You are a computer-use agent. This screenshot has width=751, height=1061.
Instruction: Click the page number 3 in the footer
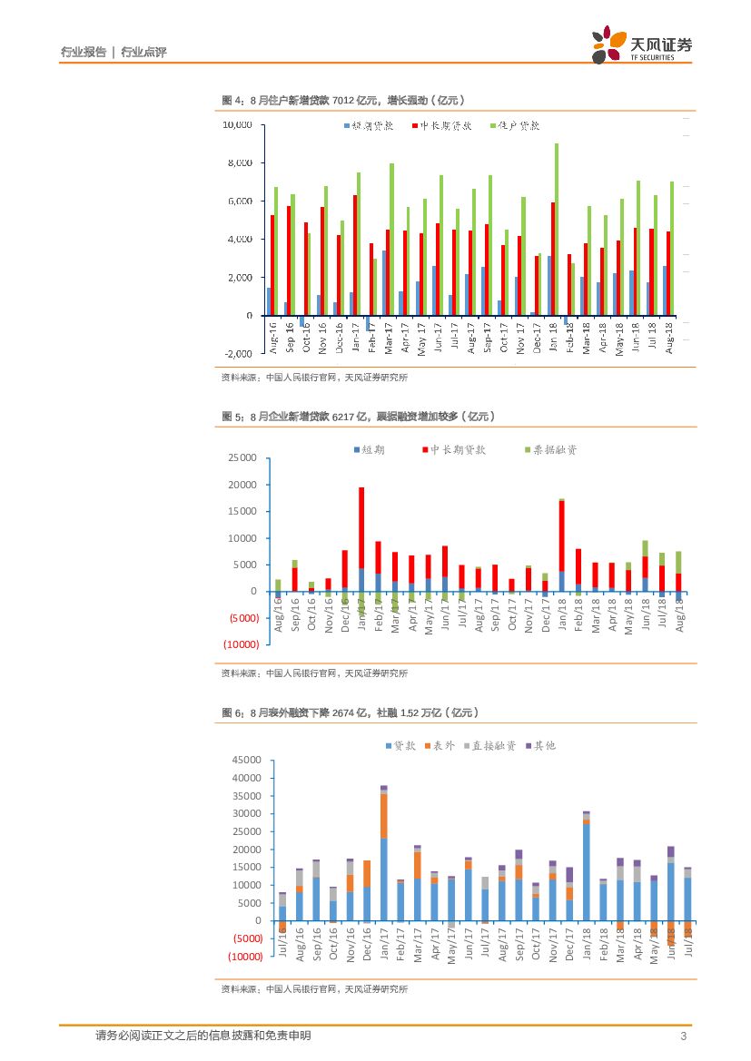(x=682, y=1036)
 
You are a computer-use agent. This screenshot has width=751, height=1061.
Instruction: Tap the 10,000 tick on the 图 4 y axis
(x=238, y=124)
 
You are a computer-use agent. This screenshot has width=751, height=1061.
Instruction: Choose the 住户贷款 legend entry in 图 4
(x=516, y=125)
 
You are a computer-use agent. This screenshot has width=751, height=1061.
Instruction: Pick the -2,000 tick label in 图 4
(x=238, y=353)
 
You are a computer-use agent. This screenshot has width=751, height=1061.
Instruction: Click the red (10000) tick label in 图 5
(x=240, y=644)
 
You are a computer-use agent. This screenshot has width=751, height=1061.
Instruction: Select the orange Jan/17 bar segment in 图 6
(x=384, y=815)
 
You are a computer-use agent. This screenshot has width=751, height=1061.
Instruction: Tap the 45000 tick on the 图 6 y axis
(x=245, y=760)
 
